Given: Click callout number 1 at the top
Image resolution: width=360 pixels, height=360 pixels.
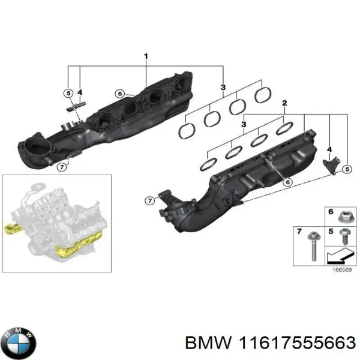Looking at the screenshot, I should click(x=146, y=57).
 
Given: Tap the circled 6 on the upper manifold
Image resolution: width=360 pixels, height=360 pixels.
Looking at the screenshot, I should click(x=120, y=94).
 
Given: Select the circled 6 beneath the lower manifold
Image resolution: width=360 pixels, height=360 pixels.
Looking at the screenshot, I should click(x=287, y=182).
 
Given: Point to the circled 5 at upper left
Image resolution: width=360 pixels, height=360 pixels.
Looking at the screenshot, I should click(x=68, y=92).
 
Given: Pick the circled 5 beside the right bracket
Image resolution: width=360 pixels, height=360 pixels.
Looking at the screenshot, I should click(x=347, y=170).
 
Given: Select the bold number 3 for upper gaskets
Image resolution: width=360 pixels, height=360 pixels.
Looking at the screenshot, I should click(x=223, y=88).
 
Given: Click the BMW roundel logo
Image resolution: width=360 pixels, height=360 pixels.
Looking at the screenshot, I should click(x=19, y=342).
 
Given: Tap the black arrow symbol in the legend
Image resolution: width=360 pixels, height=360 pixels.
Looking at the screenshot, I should click(x=337, y=258).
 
